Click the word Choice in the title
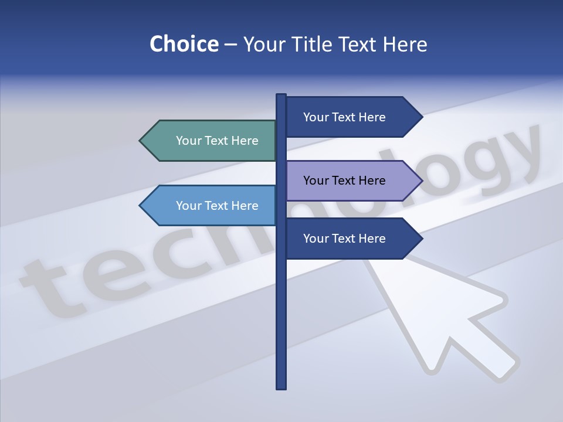pos(184,44)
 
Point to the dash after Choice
pos(230,45)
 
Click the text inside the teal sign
pos(217,141)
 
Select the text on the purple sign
pos(344,181)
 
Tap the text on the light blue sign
pos(217,206)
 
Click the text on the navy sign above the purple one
pos(344,117)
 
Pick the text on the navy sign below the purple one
pos(344,239)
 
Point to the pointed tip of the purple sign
pos(421,181)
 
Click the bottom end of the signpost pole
pos(281,387)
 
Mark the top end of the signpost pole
pos(281,96)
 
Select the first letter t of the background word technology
pos(53,287)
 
